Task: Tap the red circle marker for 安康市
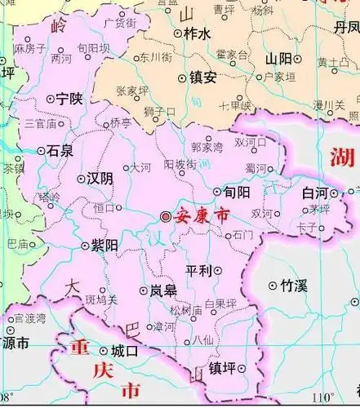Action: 167,217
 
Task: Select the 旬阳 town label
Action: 238,193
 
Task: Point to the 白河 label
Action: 314,193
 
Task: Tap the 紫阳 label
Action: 106,245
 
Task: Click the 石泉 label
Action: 62,150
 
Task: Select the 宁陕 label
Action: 70,99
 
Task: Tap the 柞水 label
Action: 198,33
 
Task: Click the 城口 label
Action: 125,351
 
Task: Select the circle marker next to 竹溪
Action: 273,285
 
